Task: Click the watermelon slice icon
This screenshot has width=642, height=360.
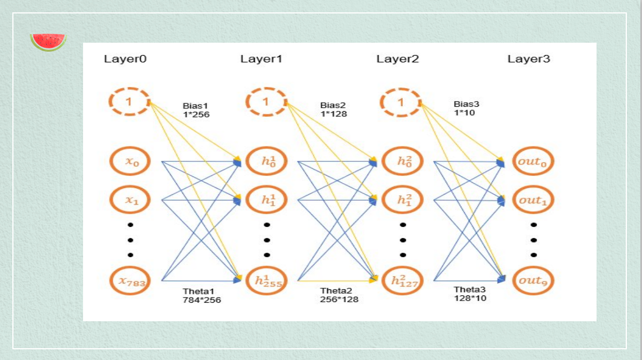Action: coord(48,42)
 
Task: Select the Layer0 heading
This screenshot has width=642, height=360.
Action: coord(125,59)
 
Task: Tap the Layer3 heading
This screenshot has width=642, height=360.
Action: coord(529,59)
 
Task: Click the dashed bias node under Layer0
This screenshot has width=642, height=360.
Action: coord(130,102)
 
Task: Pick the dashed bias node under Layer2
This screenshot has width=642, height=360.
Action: coord(401,102)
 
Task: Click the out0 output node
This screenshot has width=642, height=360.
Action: coord(533,162)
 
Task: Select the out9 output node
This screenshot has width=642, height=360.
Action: coord(533,280)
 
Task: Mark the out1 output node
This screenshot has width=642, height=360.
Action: coord(533,199)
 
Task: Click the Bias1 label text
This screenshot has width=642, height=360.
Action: coord(195,106)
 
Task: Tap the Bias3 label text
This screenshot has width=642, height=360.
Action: coord(466,104)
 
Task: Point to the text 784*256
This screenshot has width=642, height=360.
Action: coord(202,300)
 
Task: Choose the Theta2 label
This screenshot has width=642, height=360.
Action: coord(336,290)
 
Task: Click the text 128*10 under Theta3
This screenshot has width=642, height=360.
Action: coord(470,298)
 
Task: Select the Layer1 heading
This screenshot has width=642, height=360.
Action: coord(262,59)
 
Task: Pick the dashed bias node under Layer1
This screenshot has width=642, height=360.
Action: coord(266,102)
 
